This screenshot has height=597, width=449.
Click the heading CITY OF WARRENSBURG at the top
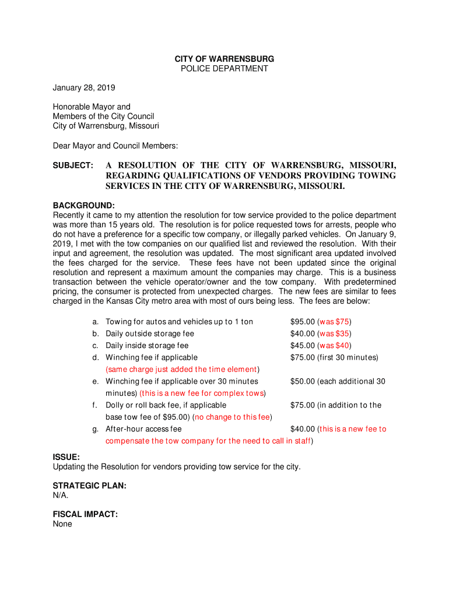tap(224, 59)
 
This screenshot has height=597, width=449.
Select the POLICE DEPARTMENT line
tap(224, 69)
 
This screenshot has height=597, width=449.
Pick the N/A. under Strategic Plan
tap(61, 496)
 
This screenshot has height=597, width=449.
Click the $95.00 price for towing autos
tap(303, 322)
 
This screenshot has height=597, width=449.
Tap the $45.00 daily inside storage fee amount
tap(303, 346)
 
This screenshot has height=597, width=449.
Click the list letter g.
tap(95, 429)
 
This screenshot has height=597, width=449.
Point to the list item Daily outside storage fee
tap(150, 333)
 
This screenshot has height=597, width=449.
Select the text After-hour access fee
tap(143, 429)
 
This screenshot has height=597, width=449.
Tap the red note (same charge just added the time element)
tap(182, 370)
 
